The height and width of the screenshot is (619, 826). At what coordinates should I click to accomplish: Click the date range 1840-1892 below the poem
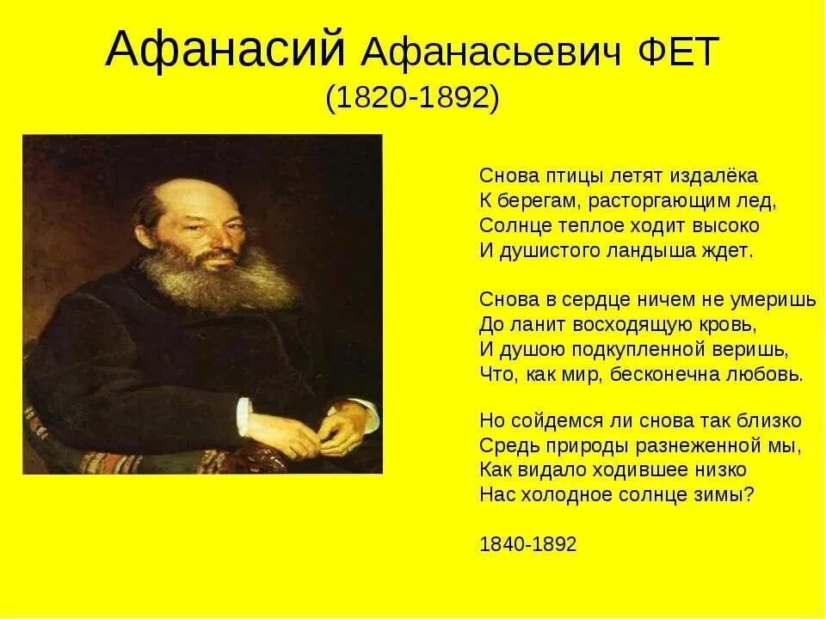pyautogui.click(x=527, y=545)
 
